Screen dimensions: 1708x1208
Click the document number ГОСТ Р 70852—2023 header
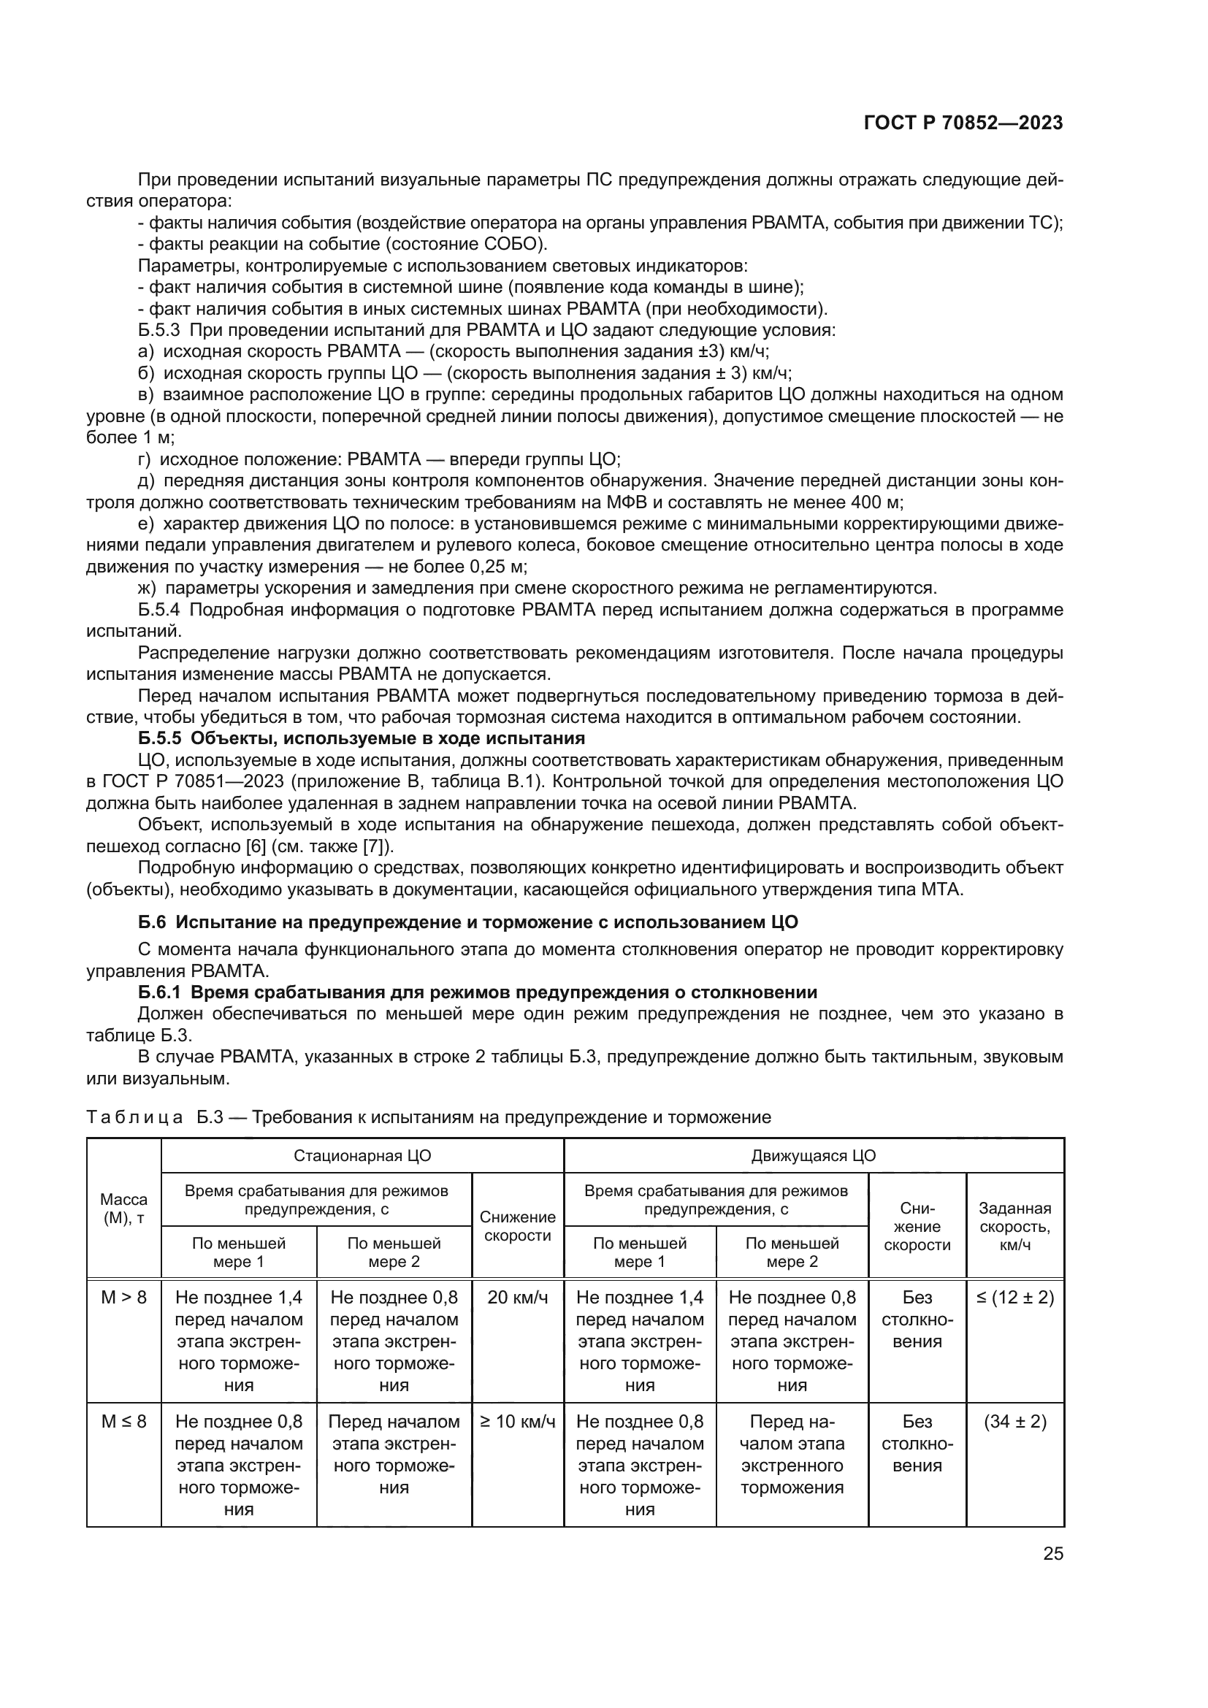[x=963, y=123]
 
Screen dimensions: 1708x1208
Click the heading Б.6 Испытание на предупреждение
[x=468, y=922]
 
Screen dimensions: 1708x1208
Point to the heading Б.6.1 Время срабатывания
[x=478, y=992]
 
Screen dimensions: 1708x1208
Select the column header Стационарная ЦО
[x=362, y=1155]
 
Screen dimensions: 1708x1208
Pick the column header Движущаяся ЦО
[x=813, y=1155]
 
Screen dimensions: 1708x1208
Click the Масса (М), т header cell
[x=123, y=1208]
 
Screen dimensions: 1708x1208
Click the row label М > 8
[x=123, y=1298]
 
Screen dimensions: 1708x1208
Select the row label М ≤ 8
[x=123, y=1422]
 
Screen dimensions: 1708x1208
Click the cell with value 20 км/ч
[x=518, y=1298]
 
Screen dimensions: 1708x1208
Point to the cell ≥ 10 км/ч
[x=518, y=1422]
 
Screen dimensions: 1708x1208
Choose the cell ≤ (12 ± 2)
[x=1014, y=1298]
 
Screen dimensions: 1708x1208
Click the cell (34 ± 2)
[x=1014, y=1422]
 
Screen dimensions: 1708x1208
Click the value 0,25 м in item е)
[x=497, y=566]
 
